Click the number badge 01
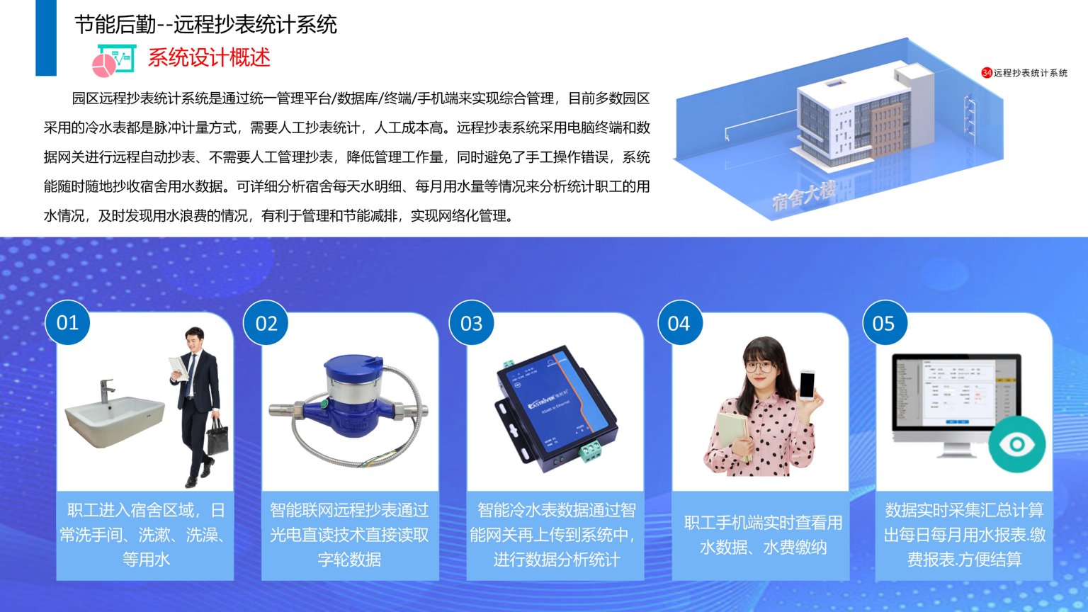point(67,323)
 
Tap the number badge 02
point(266,324)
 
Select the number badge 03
point(472,324)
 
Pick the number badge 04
point(679,324)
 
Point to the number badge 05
point(884,324)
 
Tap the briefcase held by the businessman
point(217,436)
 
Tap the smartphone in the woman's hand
point(807,385)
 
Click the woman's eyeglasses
point(759,367)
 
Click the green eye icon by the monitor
point(1016,445)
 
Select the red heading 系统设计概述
point(209,57)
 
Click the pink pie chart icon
point(104,64)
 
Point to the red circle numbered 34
point(987,73)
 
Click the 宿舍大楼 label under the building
point(803,195)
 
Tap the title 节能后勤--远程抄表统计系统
point(205,25)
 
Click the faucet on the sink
point(106,390)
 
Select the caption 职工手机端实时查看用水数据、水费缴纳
point(763,535)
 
